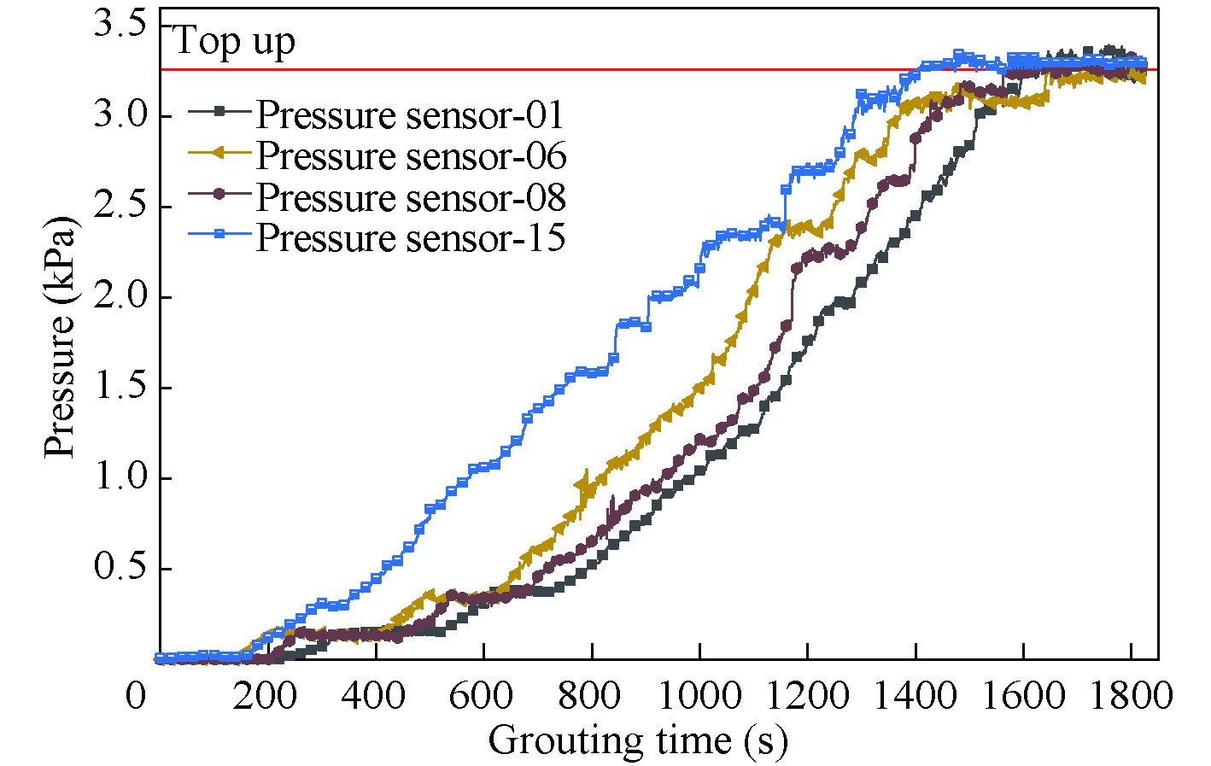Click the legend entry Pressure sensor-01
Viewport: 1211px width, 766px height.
[x=410, y=115]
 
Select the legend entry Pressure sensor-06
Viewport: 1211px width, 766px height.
[x=411, y=156]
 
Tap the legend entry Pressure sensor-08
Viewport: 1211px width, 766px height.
[x=411, y=197]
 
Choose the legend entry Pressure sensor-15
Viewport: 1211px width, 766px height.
[x=411, y=237]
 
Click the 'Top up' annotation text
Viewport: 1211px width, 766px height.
[x=234, y=41]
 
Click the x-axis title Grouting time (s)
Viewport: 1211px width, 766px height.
[x=637, y=739]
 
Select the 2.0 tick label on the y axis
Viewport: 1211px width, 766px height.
[x=120, y=296]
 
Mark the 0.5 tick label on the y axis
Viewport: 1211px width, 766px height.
[x=120, y=569]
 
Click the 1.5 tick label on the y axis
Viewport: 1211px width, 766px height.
[x=120, y=387]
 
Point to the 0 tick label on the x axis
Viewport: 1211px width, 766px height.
[x=137, y=696]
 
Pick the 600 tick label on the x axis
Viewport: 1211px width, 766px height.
[x=484, y=696]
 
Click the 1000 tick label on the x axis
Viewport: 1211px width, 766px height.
[x=699, y=696]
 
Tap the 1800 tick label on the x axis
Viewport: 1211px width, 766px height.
[x=1131, y=696]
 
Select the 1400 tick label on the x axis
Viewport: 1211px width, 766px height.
[x=916, y=696]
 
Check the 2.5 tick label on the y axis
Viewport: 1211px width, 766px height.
[x=120, y=206]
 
